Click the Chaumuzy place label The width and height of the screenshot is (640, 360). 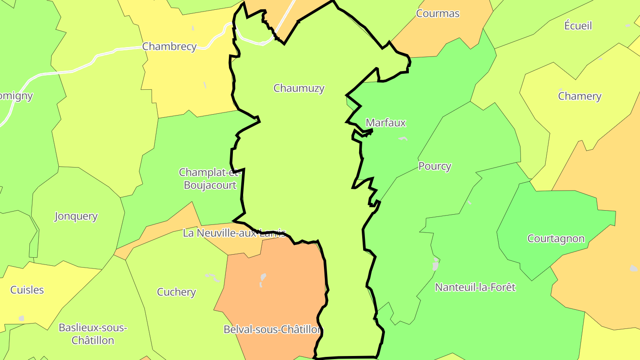[x=299, y=88]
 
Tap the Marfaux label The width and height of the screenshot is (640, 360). [x=386, y=123]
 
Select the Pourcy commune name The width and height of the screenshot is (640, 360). [x=435, y=166]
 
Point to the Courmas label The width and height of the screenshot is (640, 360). [x=437, y=13]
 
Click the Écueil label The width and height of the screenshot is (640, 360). [x=578, y=26]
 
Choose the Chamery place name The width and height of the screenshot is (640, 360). [x=580, y=96]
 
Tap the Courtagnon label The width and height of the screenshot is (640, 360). [x=556, y=239]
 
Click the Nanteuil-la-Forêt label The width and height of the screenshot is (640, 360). [x=475, y=287]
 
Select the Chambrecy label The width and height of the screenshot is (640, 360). [x=169, y=46]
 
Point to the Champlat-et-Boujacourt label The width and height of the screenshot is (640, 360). [x=210, y=179]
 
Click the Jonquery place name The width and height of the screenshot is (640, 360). [x=76, y=216]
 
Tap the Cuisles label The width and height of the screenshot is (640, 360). [x=27, y=290]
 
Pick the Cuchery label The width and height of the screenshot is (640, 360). [x=176, y=292]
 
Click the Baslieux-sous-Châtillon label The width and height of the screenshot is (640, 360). [x=93, y=334]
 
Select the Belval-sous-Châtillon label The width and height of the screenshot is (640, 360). [x=272, y=330]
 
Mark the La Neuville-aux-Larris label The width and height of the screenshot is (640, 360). [x=234, y=233]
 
